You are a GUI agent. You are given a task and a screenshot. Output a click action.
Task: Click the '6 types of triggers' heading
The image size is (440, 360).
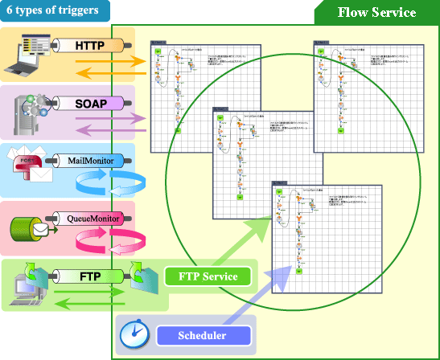52,10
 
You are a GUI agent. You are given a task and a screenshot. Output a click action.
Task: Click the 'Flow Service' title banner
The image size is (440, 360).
376,13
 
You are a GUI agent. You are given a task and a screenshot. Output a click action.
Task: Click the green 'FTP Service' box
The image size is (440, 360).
208,276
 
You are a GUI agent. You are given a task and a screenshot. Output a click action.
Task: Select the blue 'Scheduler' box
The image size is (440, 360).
202,335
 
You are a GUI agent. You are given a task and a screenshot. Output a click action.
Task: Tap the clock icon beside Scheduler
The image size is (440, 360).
134,336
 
